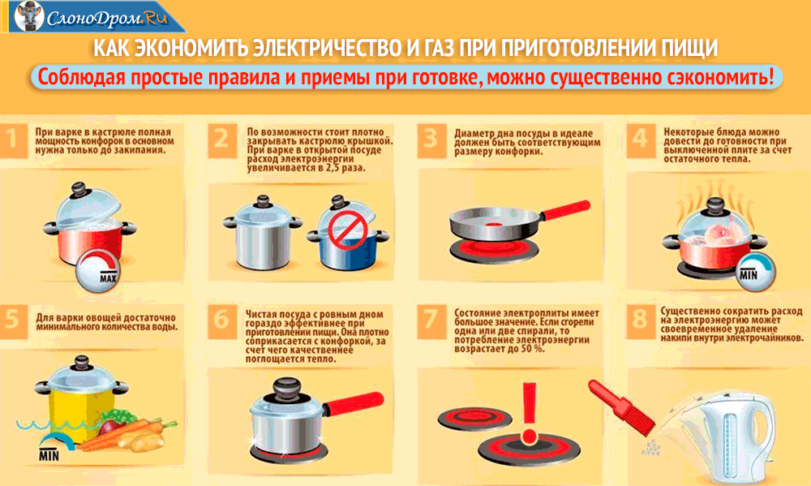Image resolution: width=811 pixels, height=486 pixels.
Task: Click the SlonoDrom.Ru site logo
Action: click(x=93, y=16)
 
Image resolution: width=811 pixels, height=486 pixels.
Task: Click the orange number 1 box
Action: click(x=12, y=140)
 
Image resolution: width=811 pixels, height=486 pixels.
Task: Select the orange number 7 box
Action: click(x=431, y=320)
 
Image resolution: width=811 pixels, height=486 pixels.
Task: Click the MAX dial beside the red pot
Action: click(x=99, y=271)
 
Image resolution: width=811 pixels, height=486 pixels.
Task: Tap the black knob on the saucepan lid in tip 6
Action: click(x=286, y=389)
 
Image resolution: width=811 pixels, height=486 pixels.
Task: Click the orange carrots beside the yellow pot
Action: click(x=129, y=434)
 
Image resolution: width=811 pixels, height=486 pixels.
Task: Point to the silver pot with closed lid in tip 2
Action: click(x=263, y=232)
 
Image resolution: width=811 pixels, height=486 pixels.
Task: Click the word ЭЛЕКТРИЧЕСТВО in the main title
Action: click(x=328, y=48)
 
